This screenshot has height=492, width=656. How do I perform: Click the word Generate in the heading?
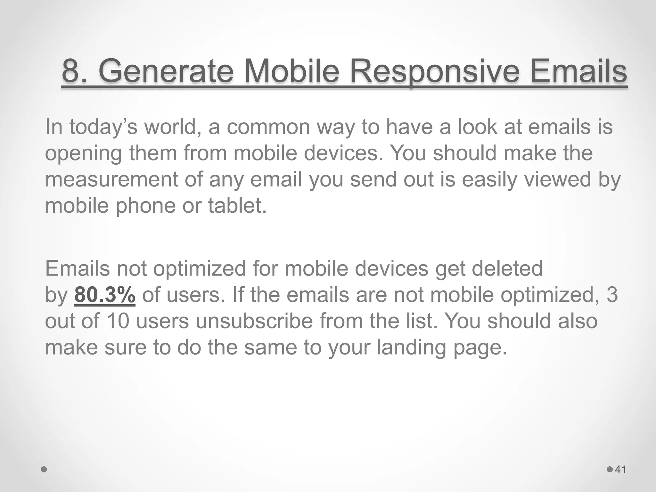click(165, 71)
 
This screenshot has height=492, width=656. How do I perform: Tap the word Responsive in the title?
click(434, 71)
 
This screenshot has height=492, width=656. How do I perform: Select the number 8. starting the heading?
click(76, 71)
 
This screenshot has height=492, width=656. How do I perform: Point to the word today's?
click(103, 127)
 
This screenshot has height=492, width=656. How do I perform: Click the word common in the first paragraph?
click(268, 127)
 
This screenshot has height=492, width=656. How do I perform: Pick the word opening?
click(83, 153)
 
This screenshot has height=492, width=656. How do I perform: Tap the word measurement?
click(111, 179)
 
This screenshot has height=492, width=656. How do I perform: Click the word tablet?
click(237, 206)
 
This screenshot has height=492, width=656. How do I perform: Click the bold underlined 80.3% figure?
click(105, 295)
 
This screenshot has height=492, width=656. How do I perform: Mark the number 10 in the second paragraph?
click(118, 321)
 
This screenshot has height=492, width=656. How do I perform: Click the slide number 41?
click(621, 470)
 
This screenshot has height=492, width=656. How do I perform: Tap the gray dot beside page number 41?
click(610, 470)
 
